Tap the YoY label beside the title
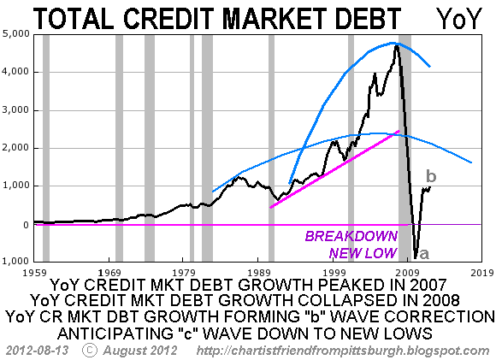tap(459, 19)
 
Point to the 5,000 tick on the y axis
tap(15, 34)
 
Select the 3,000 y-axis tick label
tap(15, 110)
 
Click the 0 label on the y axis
tap(26, 225)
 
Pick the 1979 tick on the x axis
tap(183, 273)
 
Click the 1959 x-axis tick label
tap(34, 273)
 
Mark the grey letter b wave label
tap(431, 176)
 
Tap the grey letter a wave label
tap(424, 253)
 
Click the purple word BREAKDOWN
tap(351, 236)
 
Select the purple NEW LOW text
tap(363, 253)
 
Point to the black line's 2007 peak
tap(396, 45)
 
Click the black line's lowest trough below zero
tap(416, 257)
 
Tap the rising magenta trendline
tap(334, 169)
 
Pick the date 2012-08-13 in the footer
tap(37, 351)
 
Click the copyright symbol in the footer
tap(90, 350)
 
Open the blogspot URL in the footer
tap(343, 351)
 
